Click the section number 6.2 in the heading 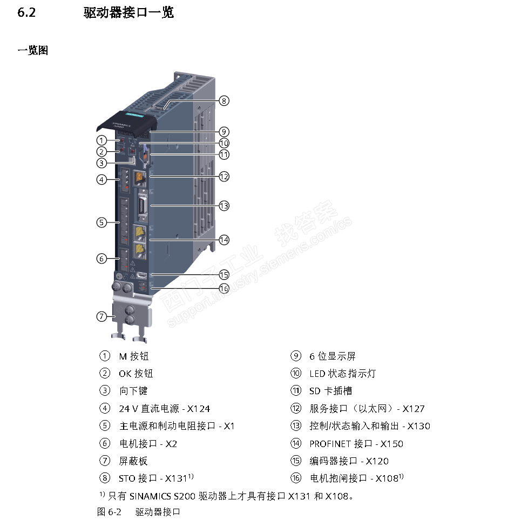point(26,12)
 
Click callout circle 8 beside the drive point(224,100)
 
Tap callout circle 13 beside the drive point(224,205)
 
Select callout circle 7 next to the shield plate point(102,316)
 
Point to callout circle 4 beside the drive point(102,179)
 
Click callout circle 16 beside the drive point(224,287)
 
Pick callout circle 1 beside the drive point(102,140)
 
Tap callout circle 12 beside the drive point(224,176)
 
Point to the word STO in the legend point(127,478)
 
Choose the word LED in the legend point(317,374)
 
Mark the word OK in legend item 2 point(125,374)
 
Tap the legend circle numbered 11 point(295,391)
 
